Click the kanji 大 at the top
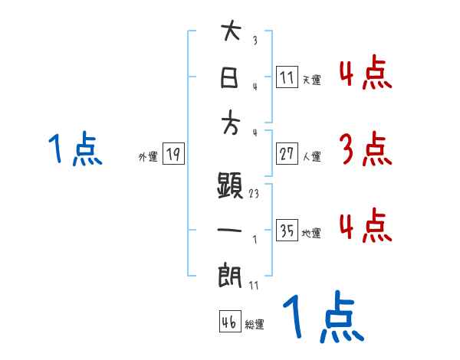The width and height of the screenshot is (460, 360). pos(231,33)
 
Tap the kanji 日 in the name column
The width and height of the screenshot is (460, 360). pos(231,78)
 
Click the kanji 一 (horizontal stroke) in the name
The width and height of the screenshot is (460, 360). pos(231,230)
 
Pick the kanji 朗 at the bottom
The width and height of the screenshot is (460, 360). pos(231,274)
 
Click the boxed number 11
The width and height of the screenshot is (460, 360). pos(287,77)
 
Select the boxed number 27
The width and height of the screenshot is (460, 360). pos(287,154)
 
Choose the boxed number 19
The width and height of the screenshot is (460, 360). pos(173,154)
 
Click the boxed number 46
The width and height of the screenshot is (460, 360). pos(228,321)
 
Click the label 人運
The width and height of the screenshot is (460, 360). pos(311,156)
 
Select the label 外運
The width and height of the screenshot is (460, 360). pos(148,156)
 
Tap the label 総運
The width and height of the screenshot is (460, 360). pos(255,324)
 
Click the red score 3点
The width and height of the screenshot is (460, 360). pos(365,149)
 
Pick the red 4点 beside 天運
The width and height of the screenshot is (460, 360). pos(365,74)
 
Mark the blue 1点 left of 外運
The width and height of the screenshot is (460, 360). pos(75,149)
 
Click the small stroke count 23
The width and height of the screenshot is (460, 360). pos(254,194)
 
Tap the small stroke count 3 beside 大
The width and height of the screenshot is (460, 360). pos(254,41)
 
